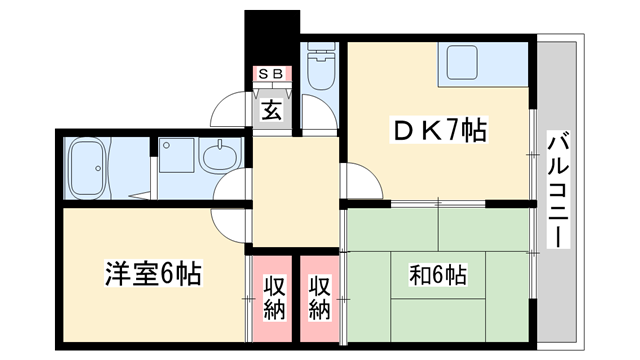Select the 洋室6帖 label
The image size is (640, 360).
[153, 272]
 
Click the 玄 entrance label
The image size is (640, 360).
[272, 109]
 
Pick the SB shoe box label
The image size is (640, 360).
[272, 74]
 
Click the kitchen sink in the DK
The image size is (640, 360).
[463, 65]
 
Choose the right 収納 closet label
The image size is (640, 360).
[319, 297]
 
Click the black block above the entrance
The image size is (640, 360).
[272, 35]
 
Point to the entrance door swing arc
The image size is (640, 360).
[232, 105]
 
